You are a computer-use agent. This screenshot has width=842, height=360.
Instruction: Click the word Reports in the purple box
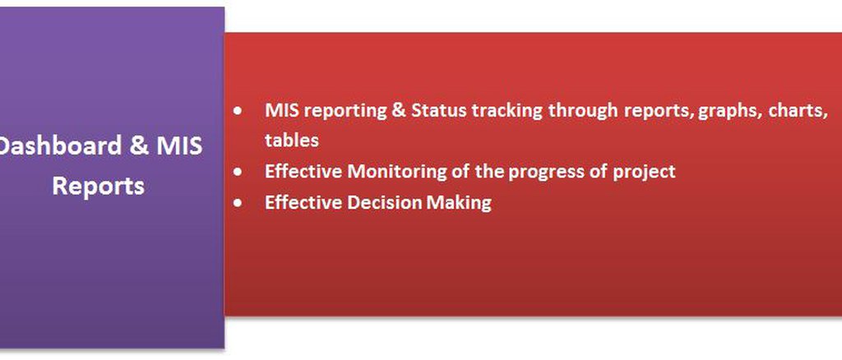tap(99, 187)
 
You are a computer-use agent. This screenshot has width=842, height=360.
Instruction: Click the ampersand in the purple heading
tap(139, 146)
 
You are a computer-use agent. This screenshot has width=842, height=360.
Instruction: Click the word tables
tap(292, 140)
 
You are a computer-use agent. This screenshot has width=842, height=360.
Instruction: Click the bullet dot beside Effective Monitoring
tap(238, 173)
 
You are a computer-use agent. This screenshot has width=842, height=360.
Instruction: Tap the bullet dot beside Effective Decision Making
tap(238, 203)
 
